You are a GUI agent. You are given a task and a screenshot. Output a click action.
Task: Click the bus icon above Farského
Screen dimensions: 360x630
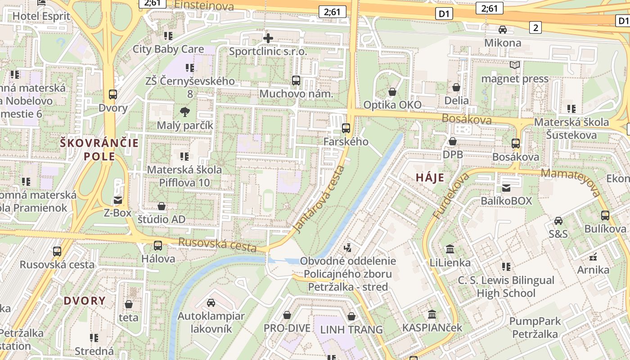(x=346, y=128)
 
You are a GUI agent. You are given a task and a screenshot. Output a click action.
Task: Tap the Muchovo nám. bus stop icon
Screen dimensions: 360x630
(x=296, y=81)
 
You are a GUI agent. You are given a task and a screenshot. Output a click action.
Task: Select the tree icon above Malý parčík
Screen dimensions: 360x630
(x=184, y=112)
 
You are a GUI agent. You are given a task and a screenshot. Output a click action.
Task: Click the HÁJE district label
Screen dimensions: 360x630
(x=430, y=178)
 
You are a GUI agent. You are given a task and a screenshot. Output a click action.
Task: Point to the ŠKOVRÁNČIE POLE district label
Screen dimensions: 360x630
(x=99, y=150)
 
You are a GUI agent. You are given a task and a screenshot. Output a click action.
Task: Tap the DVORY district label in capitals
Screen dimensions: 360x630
(x=85, y=301)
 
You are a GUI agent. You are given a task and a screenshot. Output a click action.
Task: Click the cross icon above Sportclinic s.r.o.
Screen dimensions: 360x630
(x=268, y=38)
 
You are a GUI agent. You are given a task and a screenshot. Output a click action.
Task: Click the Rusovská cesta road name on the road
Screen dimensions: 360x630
(x=217, y=245)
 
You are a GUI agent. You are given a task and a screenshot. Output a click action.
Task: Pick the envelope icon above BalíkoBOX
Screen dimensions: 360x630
(x=506, y=188)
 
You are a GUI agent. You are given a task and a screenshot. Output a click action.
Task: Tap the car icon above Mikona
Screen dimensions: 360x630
(x=503, y=30)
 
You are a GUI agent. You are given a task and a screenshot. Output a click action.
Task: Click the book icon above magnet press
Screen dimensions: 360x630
(x=515, y=65)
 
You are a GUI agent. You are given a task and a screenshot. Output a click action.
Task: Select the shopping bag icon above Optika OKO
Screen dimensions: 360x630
(x=392, y=92)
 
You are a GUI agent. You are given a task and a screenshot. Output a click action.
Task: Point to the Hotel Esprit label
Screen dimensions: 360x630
(x=41, y=16)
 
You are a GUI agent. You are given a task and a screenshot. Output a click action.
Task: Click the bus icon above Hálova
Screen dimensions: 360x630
(x=158, y=246)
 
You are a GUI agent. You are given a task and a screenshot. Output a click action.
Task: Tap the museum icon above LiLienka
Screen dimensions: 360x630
(x=450, y=249)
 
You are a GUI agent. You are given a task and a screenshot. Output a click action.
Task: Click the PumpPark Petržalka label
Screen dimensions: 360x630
(x=535, y=328)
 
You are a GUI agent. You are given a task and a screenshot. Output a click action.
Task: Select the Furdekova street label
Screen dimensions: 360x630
(x=451, y=197)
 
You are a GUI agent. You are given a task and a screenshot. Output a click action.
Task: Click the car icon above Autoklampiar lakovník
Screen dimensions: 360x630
(x=211, y=303)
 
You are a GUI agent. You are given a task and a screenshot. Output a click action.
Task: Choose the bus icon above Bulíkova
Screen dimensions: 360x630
(x=605, y=216)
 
